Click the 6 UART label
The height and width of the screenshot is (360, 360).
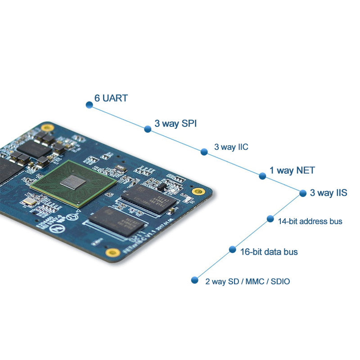point(111,98)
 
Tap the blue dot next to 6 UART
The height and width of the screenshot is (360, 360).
point(89,105)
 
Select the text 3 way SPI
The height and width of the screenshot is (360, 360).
point(175,123)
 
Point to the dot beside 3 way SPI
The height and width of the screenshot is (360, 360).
point(148,129)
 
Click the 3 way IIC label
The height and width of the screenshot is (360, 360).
point(231,147)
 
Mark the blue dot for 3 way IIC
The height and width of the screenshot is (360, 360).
point(204,152)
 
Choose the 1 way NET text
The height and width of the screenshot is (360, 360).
point(292,171)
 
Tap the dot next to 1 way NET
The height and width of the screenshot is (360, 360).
point(262,176)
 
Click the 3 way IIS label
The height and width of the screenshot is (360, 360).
point(328,193)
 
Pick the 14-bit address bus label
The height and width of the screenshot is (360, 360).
point(310,221)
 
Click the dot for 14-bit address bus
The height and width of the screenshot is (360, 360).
point(270,219)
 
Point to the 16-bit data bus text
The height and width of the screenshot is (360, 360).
point(269,252)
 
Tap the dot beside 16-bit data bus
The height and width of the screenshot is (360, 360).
point(232,249)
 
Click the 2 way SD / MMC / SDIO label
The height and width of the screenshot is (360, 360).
point(247,282)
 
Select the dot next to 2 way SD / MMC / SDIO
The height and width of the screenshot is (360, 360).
point(194,280)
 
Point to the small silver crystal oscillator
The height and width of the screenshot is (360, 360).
point(27,201)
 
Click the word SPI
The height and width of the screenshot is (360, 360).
point(189,123)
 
